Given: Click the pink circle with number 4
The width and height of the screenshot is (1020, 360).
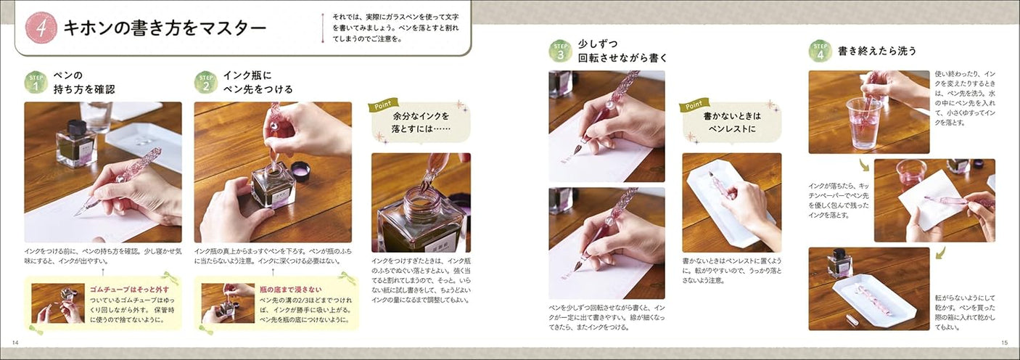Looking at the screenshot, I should (x=41, y=28).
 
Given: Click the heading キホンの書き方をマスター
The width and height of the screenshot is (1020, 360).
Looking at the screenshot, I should (x=164, y=28).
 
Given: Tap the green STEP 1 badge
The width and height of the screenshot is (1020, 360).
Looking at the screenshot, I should (x=36, y=82).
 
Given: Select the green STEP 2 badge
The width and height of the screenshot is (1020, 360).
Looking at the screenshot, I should (x=205, y=82).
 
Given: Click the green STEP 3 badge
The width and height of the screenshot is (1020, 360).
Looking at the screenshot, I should (x=560, y=51).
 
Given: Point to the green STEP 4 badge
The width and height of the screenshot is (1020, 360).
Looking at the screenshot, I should (x=820, y=51).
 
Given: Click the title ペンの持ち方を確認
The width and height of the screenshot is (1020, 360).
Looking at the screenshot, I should (x=84, y=82).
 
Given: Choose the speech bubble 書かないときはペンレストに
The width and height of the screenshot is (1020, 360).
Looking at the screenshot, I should (x=731, y=122).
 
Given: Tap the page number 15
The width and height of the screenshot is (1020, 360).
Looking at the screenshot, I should (x=1004, y=343).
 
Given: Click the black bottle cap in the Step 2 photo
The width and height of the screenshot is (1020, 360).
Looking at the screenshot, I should (x=300, y=171).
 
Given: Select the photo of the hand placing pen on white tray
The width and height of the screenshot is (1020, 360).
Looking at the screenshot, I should (x=731, y=202).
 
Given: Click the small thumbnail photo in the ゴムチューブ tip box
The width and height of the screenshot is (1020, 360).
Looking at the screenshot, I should (x=57, y=303).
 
